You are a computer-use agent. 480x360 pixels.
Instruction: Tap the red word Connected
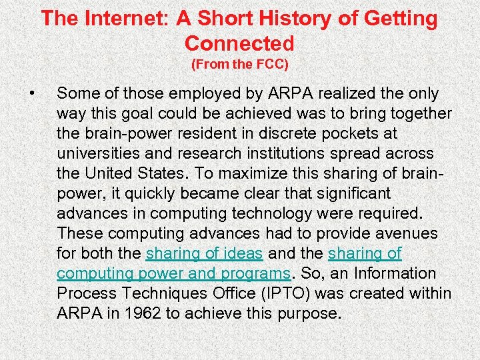tap(239, 43)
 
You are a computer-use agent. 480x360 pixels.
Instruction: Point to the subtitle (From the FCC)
tap(239, 65)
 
